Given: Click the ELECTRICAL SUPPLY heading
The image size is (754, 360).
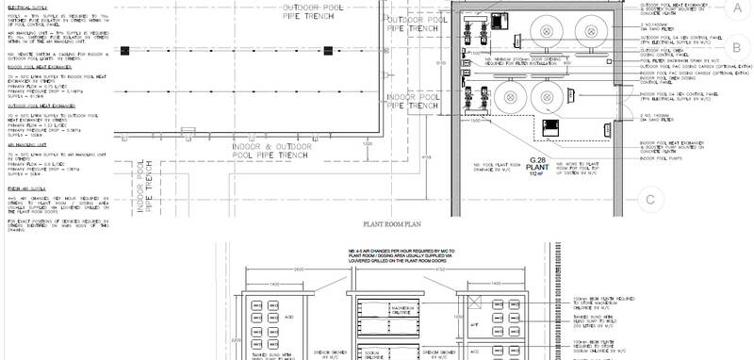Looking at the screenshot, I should (23, 6).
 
